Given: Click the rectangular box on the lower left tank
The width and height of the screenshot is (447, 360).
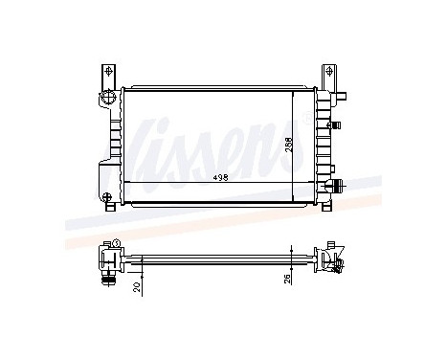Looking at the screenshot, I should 103,176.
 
